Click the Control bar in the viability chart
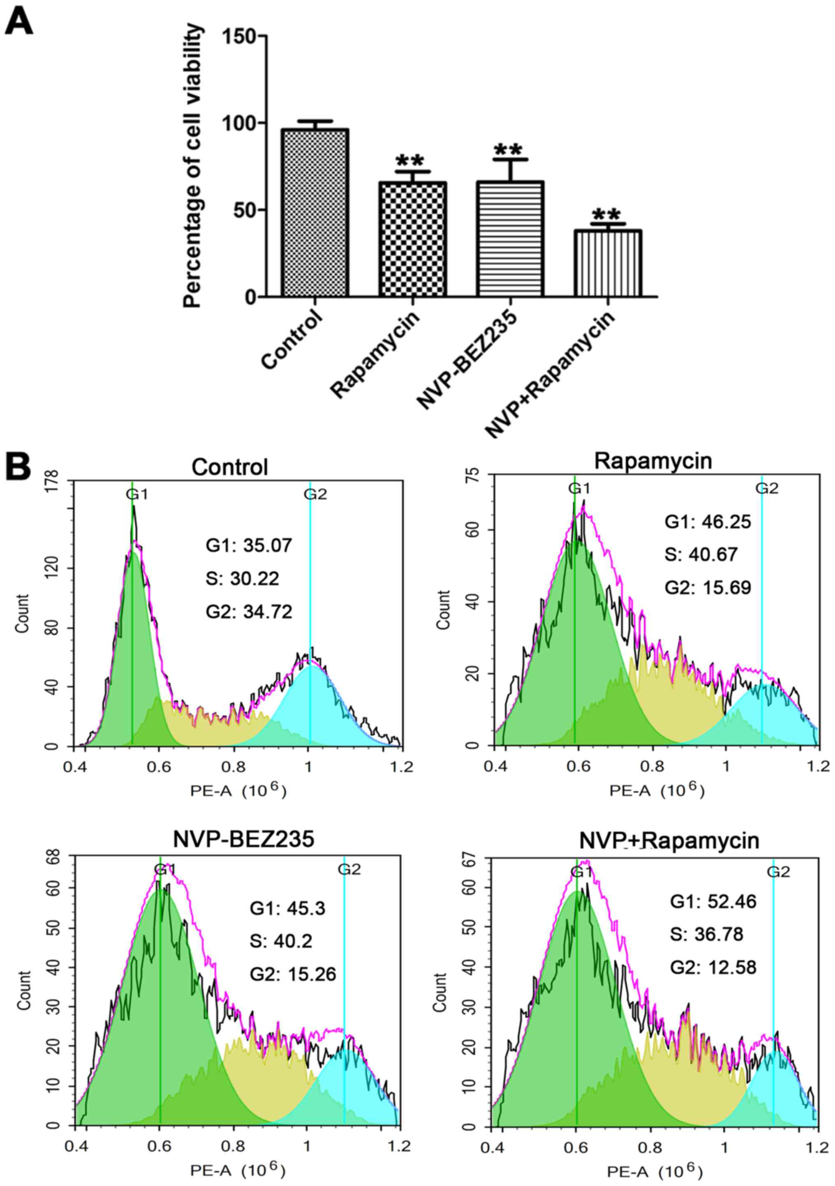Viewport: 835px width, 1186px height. coord(315,212)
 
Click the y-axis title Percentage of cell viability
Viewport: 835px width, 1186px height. coord(192,166)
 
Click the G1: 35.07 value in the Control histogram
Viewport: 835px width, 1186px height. coord(249,545)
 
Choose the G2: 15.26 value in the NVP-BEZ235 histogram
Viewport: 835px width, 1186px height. coord(293,974)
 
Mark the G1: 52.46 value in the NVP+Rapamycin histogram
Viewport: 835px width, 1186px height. coord(713,901)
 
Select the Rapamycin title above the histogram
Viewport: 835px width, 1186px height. coord(653,460)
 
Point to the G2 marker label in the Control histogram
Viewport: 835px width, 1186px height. coord(315,495)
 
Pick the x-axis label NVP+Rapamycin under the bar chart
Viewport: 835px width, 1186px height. coord(551,374)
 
